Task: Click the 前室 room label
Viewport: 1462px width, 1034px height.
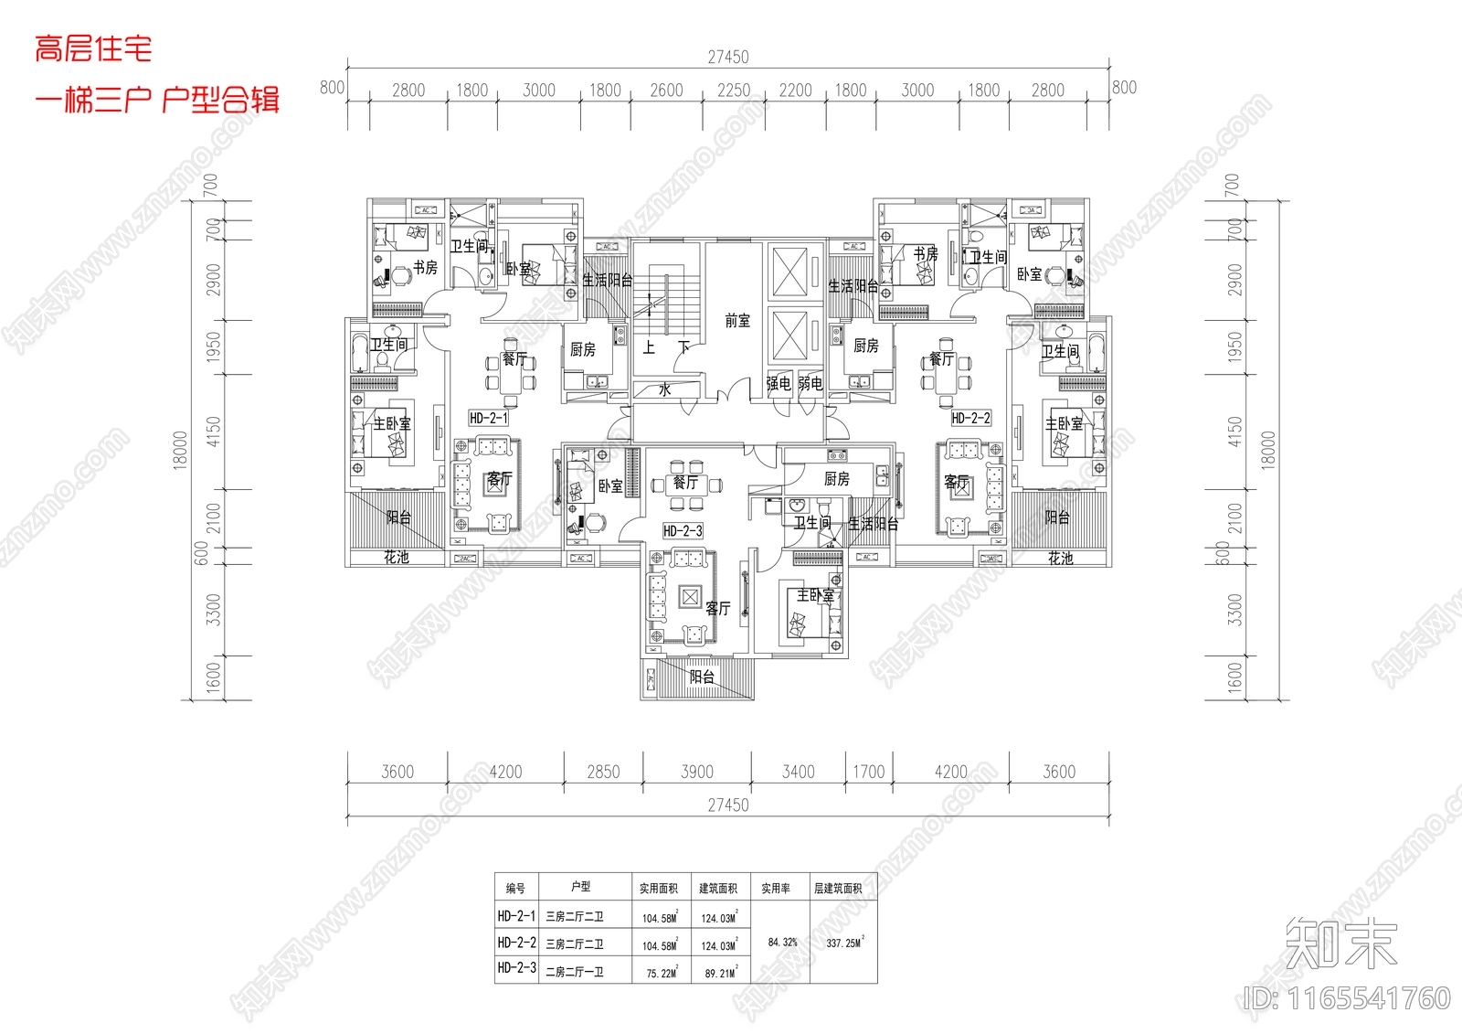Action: (x=737, y=321)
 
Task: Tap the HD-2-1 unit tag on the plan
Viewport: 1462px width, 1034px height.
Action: (x=489, y=418)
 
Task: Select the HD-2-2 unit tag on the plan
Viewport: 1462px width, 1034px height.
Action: (x=970, y=418)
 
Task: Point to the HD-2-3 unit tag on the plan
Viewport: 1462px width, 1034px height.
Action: (x=683, y=531)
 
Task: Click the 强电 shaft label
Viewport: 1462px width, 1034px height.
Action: (x=779, y=384)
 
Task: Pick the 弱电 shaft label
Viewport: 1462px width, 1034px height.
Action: (x=810, y=384)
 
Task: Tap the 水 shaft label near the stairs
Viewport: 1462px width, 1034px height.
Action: (x=665, y=389)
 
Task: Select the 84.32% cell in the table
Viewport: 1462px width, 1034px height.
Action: (x=782, y=942)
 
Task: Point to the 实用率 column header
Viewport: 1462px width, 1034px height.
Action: (x=776, y=888)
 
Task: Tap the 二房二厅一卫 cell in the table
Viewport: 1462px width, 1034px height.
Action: (x=575, y=972)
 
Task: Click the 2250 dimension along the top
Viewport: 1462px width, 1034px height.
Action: (x=734, y=91)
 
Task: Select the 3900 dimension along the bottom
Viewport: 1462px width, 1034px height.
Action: (x=697, y=773)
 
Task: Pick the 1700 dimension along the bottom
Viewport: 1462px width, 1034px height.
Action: (x=869, y=773)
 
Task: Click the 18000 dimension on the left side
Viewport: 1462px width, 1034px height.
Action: (x=181, y=450)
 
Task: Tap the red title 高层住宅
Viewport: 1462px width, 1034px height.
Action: (x=94, y=48)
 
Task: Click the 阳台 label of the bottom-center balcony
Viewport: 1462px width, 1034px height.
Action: (x=702, y=677)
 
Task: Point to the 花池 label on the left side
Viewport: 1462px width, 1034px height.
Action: (x=396, y=557)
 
